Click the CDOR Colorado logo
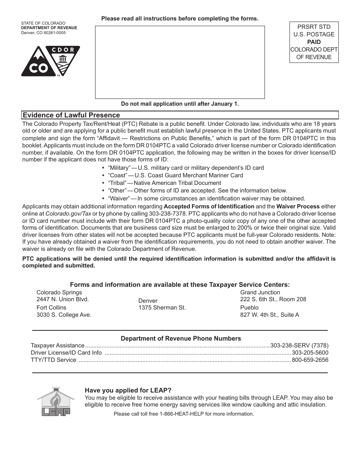50,61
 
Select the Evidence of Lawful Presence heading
71,115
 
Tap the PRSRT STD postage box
314,42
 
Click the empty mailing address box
180,62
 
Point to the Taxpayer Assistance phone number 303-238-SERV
299,345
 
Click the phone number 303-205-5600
310,352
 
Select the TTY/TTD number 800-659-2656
310,360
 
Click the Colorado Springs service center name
59,292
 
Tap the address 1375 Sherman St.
162,308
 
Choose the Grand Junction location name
260,292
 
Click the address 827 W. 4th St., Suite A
269,315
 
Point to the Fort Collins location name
51,308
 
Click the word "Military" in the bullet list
119,168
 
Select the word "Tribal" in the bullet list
117,183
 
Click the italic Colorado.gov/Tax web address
68,214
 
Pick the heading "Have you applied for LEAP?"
128,390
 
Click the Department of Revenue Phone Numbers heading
181,338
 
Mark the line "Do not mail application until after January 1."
180,104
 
